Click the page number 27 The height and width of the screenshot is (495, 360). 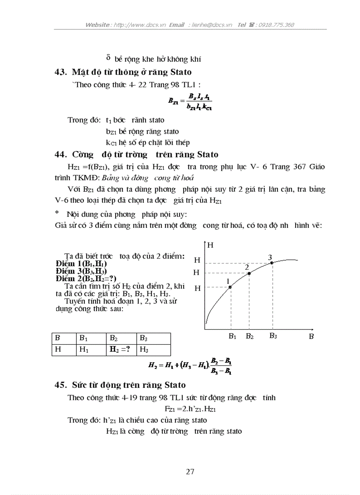coord(190,472)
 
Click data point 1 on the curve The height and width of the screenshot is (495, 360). coord(230,287)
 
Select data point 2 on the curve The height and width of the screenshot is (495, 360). coord(249,273)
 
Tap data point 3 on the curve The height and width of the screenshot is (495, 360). coord(272,263)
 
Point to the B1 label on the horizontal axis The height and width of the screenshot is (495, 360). coord(232,336)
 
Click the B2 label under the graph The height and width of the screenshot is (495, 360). coord(250,336)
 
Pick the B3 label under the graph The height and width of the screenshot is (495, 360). coord(273,336)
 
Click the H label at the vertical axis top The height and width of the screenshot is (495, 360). coord(210,246)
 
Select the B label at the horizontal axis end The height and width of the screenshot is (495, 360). coord(311,336)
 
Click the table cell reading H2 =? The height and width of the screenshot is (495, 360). coord(120,350)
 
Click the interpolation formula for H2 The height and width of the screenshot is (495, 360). coord(190,366)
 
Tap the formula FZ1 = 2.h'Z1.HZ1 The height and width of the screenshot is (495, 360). coord(190,409)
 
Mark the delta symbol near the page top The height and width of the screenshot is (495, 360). coord(108,58)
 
